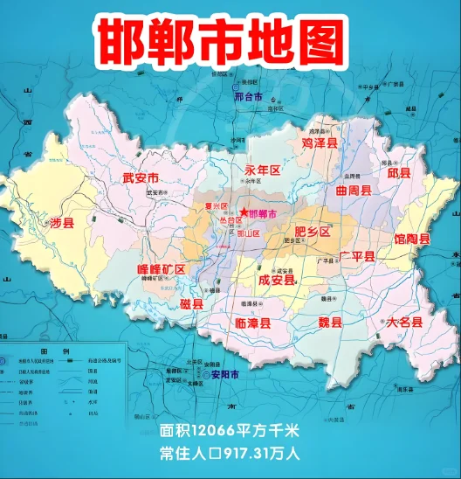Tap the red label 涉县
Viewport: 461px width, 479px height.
[63, 224]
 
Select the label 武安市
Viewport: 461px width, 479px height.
[141, 178]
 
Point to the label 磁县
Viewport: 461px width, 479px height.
[191, 304]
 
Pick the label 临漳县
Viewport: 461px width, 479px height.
[254, 323]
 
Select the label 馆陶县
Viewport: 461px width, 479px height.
[412, 239]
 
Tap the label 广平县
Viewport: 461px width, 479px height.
[357, 256]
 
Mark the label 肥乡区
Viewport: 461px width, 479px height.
[313, 232]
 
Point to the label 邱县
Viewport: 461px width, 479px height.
[399, 172]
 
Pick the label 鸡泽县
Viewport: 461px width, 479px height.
[320, 141]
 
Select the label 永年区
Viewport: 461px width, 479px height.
[262, 170]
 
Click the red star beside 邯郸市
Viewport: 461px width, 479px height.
[242, 212]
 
